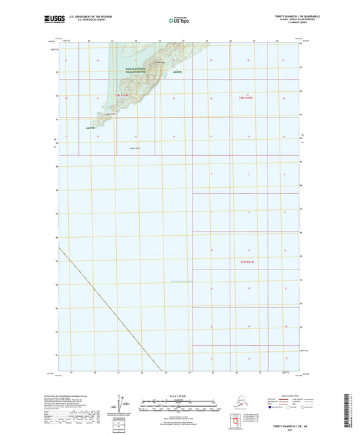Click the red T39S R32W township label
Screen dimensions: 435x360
click(x=120, y=96)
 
